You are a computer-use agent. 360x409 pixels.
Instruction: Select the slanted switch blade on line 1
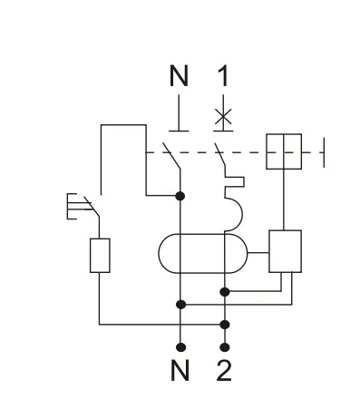(218, 151)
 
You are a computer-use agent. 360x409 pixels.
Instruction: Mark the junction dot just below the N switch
(182, 195)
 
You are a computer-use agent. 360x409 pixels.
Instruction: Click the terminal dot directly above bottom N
(182, 346)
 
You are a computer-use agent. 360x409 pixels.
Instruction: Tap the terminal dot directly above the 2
(224, 346)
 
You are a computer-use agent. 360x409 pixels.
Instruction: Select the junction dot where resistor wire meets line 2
(224, 323)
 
